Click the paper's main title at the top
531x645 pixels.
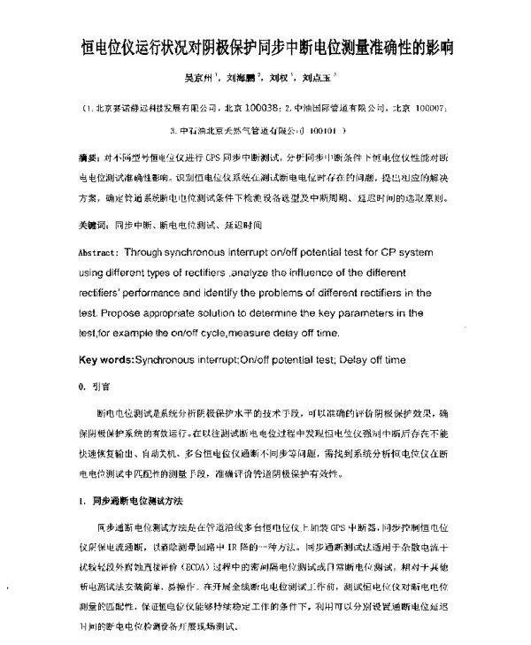coord(266,48)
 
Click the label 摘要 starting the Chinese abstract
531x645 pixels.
coord(89,157)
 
